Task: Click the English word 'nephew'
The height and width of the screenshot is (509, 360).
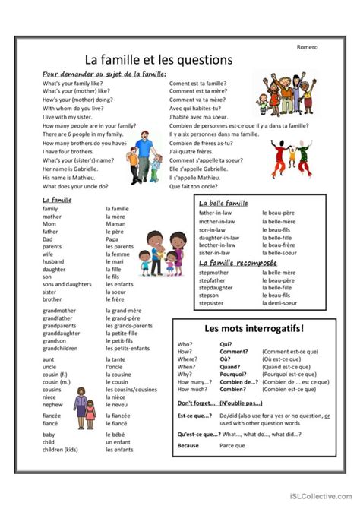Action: tap(52, 405)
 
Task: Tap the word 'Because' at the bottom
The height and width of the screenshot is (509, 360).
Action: tap(188, 446)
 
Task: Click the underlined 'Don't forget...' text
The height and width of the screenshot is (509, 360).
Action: tap(196, 402)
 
